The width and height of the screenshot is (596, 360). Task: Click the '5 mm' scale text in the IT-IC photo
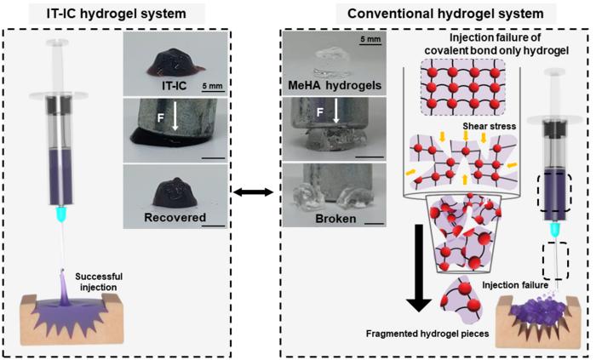[213, 86]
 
